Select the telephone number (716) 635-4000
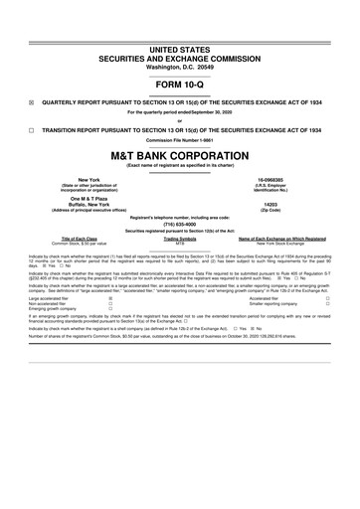tap(179, 225)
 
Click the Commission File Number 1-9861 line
tap(179, 138)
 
